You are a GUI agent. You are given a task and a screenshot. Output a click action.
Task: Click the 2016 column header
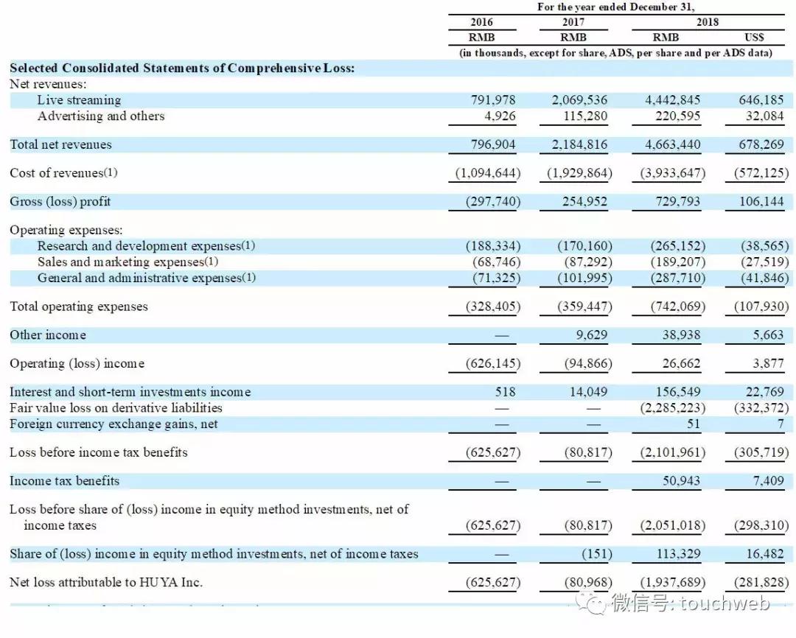coord(482,22)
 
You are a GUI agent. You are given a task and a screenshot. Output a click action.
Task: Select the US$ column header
coord(754,37)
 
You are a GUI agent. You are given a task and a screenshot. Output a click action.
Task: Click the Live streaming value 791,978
coord(493,100)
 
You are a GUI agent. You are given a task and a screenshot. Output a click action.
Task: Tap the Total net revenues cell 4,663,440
coord(672,144)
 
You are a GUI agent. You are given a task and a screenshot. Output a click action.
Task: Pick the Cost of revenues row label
coord(63,173)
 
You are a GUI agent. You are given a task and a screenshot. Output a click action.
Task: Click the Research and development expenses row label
coord(146,246)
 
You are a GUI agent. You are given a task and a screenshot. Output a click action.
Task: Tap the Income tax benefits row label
coord(64,481)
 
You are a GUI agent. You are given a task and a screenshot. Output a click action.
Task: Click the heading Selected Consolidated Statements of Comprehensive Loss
coord(182,68)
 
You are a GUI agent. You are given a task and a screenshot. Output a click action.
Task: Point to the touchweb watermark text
coord(725,604)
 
